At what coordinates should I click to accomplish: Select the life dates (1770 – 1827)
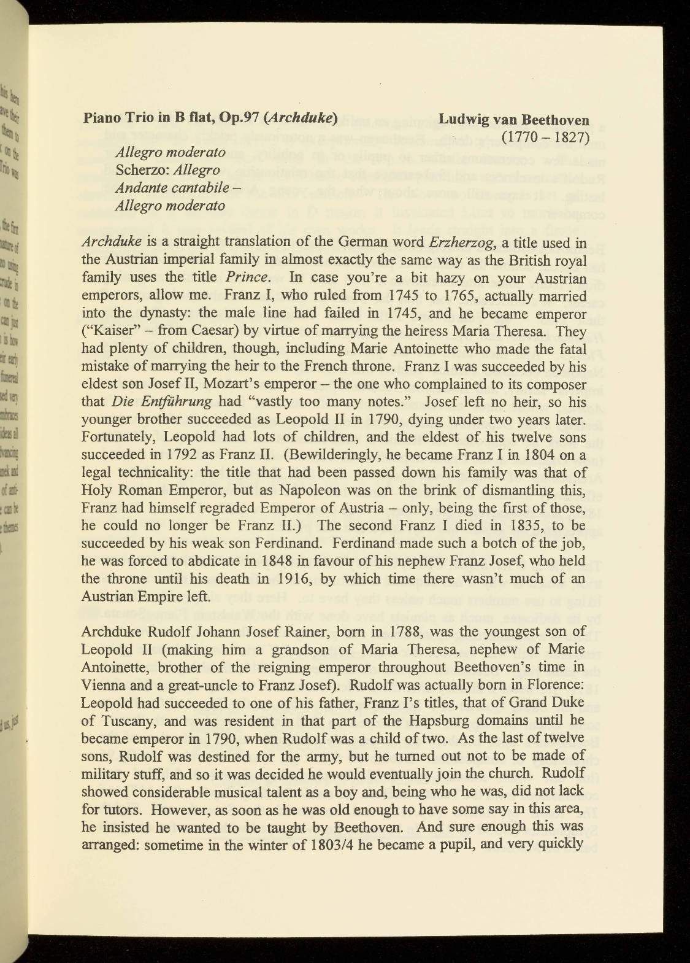point(545,136)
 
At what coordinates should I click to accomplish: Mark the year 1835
point(525,526)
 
